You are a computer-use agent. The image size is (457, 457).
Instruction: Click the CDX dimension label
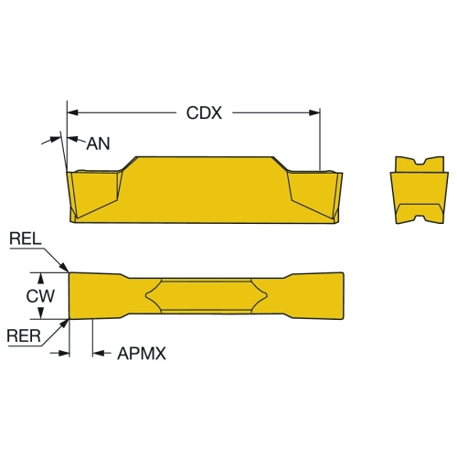(x=204, y=113)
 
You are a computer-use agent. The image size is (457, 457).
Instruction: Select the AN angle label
(x=98, y=143)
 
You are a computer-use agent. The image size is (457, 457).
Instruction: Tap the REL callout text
(x=26, y=239)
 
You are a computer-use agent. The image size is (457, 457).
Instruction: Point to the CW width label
(x=40, y=296)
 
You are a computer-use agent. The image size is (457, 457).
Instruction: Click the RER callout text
(x=24, y=336)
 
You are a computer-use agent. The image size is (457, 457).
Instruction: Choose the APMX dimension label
(x=142, y=354)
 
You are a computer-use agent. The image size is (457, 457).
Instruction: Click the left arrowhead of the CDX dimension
(x=72, y=112)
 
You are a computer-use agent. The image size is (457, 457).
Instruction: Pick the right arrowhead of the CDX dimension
(x=314, y=112)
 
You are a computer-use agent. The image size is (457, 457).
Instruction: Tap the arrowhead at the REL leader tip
(x=65, y=267)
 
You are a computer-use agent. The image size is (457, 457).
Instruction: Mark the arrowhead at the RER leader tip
(x=64, y=324)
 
